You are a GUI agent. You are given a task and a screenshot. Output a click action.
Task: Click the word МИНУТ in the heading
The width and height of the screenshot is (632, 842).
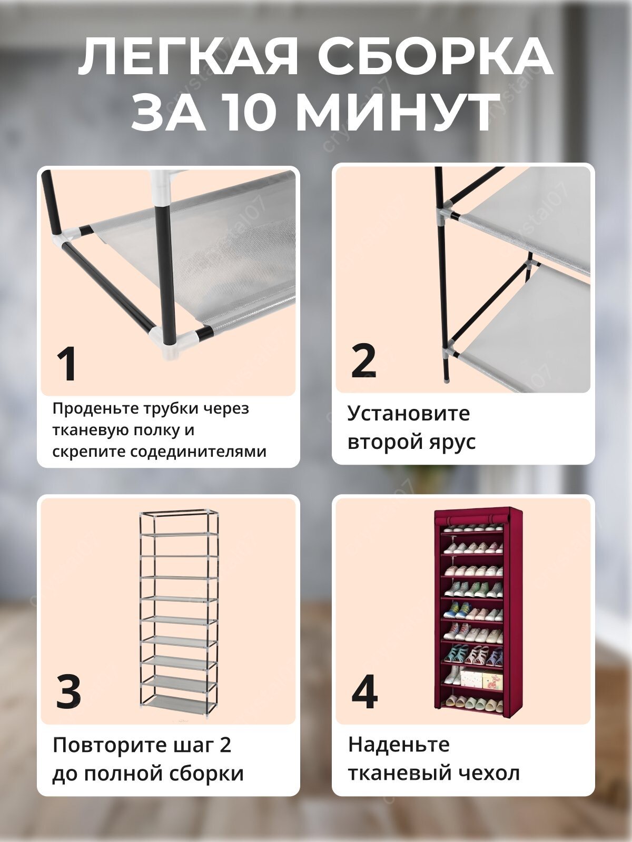pos(400,113)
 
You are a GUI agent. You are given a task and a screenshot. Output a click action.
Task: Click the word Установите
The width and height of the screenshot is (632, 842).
pos(408,414)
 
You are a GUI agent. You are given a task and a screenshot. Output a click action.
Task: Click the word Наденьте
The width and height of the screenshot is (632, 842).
pos(399,745)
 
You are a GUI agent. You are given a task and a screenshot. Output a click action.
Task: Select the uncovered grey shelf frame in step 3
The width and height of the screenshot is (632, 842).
pos(179,610)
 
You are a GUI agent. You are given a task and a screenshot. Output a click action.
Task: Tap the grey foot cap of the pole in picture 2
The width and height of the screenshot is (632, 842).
pos(447,377)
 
